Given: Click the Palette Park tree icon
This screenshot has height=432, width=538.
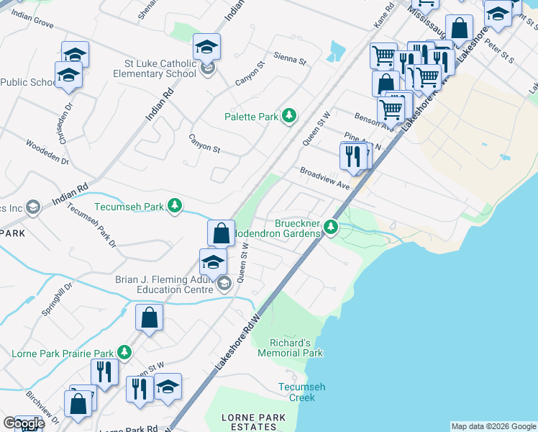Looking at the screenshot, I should (x=289, y=116).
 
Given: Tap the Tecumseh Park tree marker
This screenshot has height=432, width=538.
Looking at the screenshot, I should (x=174, y=207).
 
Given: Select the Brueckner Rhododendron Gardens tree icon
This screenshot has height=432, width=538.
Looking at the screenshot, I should (x=331, y=228).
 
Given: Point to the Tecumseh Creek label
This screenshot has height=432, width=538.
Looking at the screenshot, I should (x=301, y=392).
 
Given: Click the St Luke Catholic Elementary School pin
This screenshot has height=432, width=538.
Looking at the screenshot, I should (x=208, y=69).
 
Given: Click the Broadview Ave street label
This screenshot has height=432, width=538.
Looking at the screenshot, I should (x=324, y=179).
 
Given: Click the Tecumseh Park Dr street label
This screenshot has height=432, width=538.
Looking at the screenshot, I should (x=91, y=225).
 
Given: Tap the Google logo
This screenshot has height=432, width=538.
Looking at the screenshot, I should (x=23, y=423).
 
